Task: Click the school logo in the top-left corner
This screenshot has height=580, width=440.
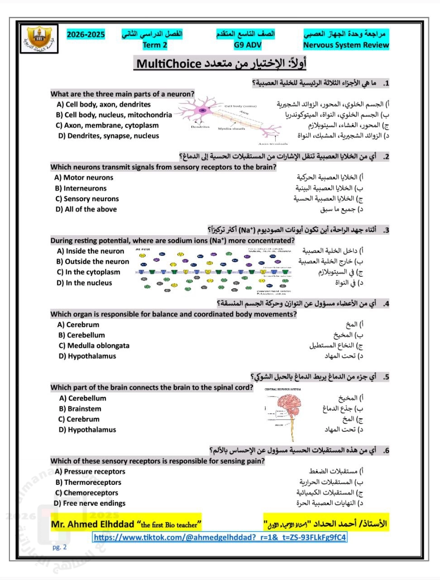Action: coord(39,38)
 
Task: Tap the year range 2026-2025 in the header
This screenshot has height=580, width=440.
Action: coord(86,34)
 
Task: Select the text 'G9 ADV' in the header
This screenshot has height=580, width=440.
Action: coord(248,45)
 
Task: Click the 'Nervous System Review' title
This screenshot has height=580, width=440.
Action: coord(346,45)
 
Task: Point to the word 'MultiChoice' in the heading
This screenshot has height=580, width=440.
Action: coord(169,63)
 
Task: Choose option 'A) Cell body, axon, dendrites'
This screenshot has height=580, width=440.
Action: coord(103,104)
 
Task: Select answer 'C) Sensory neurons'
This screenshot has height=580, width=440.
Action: coord(87,198)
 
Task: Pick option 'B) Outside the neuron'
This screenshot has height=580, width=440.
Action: coord(93,261)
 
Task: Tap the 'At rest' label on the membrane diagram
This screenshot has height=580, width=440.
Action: coord(143,249)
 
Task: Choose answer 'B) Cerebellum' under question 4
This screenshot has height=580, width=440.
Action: coord(81,335)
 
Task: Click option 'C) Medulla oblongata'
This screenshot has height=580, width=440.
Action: coord(94,346)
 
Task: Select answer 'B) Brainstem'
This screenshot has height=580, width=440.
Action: coord(80,409)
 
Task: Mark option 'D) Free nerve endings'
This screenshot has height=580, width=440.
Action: coord(90,503)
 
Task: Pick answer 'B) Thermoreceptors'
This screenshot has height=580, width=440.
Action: coord(88,482)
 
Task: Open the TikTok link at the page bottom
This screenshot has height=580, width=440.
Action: coord(220,537)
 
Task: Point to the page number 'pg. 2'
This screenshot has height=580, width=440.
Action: coord(59,547)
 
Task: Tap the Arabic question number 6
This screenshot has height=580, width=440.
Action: coord(386,450)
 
